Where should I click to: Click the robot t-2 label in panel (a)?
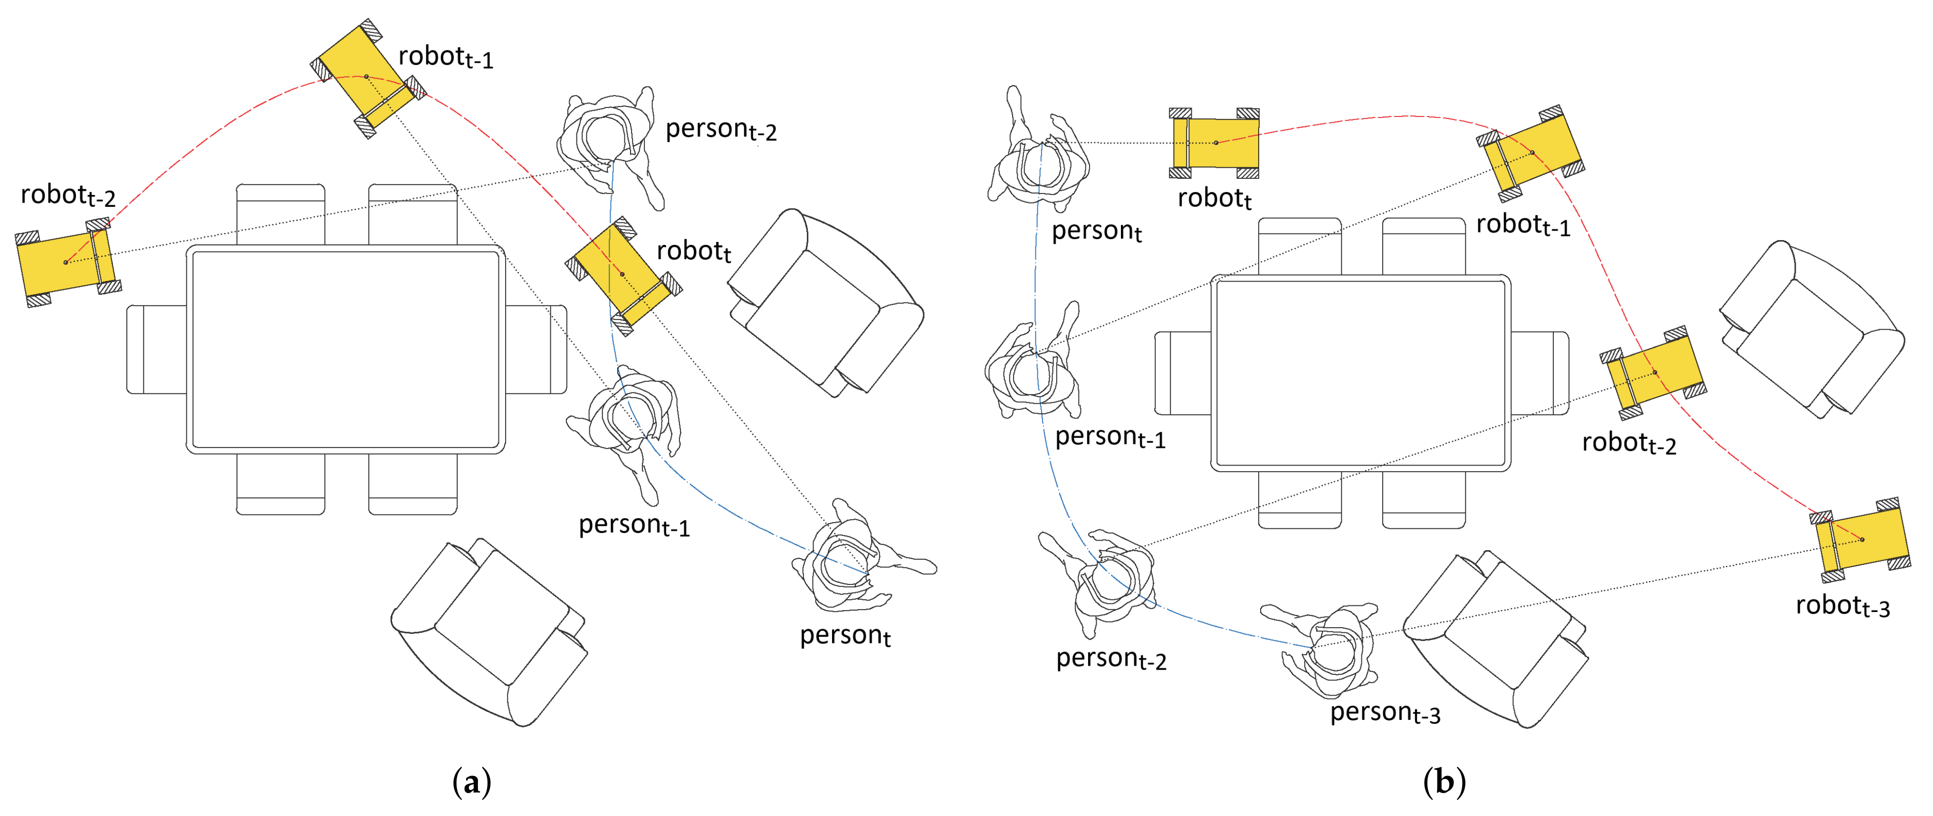pyautogui.click(x=67, y=195)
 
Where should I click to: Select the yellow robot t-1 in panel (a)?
pyautogui.click(x=367, y=78)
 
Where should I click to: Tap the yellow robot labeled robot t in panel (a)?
pyautogui.click(x=623, y=275)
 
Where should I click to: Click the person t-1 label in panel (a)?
pyautogui.click(x=633, y=525)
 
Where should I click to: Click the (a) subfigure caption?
pyautogui.click(x=472, y=782)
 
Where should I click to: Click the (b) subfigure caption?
pyautogui.click(x=1444, y=782)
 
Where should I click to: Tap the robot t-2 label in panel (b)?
pyautogui.click(x=1628, y=443)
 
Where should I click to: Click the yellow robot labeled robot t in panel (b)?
pyautogui.click(x=1215, y=143)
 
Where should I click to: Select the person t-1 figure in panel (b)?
pyautogui.click(x=1032, y=371)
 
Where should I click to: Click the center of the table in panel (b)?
pyautogui.click(x=1360, y=373)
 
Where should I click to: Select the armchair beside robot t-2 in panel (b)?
pyautogui.click(x=1809, y=330)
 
